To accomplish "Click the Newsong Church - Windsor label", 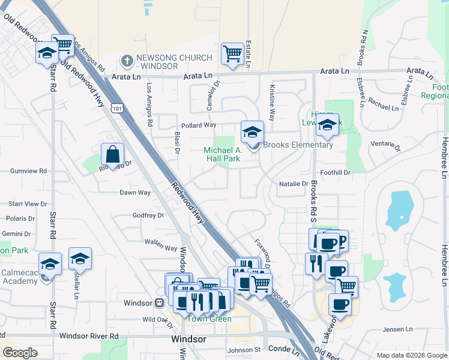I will point(174,61).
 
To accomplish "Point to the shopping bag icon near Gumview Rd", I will point(112,154).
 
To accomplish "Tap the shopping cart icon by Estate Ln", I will point(232,53).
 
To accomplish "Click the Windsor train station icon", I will point(160,303).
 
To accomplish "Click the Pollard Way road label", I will point(199,125).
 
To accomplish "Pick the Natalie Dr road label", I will point(293,184).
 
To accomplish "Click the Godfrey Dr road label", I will point(148,215).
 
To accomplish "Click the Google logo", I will point(20,353).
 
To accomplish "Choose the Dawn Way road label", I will point(135,193).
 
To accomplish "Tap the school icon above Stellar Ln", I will point(80,259).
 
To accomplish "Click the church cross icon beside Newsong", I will point(127,61).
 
